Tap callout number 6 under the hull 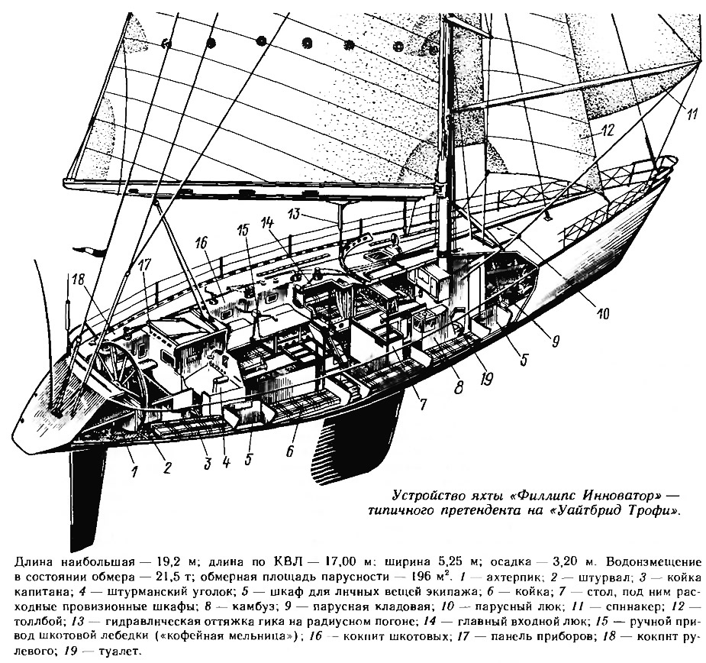pos(291,451)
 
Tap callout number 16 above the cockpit pos(201,243)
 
